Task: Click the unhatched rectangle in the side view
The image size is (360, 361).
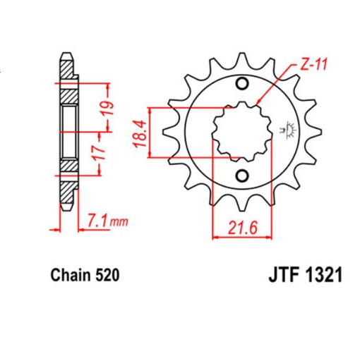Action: (68, 132)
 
